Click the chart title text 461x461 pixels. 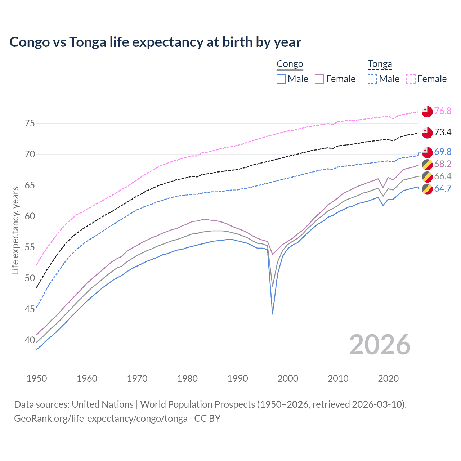[155, 42]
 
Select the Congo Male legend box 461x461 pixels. [281, 79]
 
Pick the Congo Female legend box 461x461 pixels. [319, 79]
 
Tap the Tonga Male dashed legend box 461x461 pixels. [372, 79]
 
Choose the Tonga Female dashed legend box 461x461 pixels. [411, 79]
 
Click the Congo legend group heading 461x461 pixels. [290, 64]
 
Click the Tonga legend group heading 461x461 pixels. [380, 64]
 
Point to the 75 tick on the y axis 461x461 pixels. [30, 124]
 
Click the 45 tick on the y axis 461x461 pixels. [30, 309]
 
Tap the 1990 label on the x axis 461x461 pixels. [238, 379]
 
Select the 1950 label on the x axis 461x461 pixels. [37, 379]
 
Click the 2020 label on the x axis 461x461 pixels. [388, 379]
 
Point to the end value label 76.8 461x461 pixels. [443, 111]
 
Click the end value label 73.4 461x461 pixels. [443, 132]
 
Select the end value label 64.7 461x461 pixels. [443, 188]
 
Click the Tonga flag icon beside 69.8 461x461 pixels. [427, 152]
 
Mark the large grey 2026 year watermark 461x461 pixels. [380, 345]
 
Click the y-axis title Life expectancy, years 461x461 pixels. [15, 230]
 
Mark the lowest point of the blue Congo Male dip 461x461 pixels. [273, 314]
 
